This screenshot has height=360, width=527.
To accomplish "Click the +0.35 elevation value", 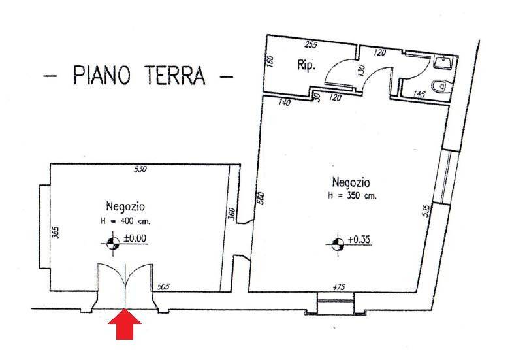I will (x=359, y=240).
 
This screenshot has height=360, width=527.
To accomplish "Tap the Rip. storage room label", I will (x=306, y=65).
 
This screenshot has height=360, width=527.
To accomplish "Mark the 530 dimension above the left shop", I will (x=140, y=169).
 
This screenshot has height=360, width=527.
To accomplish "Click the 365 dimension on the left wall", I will (x=56, y=234).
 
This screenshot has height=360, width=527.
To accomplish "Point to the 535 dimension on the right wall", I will (x=426, y=210).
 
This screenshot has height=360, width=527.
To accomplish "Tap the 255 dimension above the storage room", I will (x=310, y=45).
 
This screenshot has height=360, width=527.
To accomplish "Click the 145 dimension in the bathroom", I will (x=419, y=95).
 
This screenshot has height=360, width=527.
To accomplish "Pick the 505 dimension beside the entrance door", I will (x=163, y=285).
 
